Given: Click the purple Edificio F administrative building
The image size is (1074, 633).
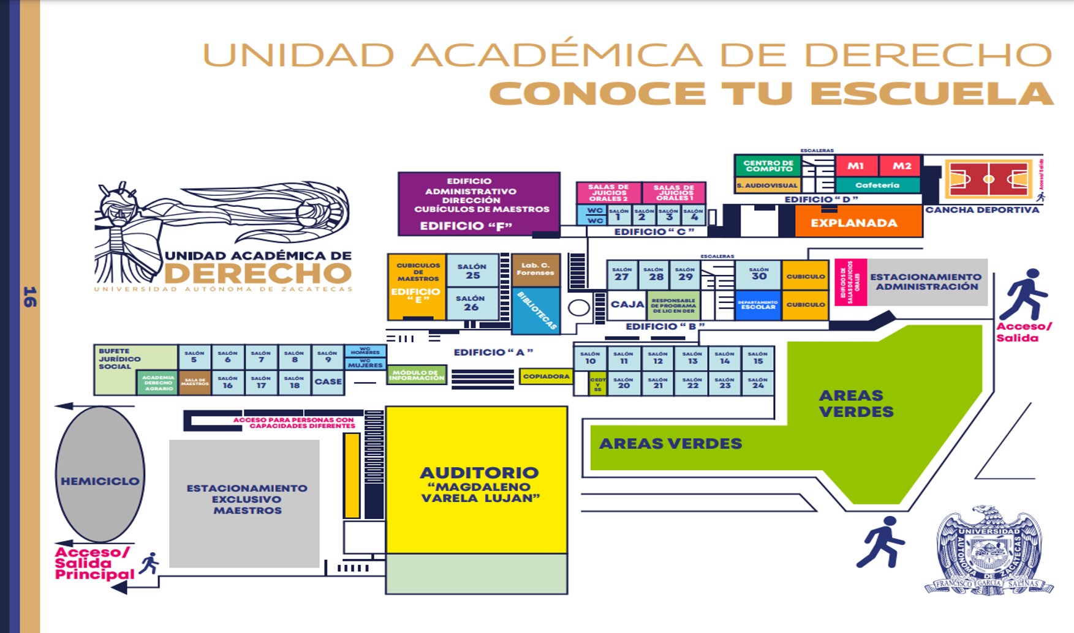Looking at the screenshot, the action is pyautogui.click(x=478, y=203).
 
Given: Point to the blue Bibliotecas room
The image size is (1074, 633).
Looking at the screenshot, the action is pyautogui.click(x=536, y=311).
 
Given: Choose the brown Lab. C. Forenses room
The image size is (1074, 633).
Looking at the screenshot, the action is pyautogui.click(x=536, y=270).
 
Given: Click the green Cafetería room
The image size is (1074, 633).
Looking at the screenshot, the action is pyautogui.click(x=877, y=185).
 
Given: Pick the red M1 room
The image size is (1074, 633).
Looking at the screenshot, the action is pyautogui.click(x=855, y=166).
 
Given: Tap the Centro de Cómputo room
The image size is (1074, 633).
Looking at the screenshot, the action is pyautogui.click(x=768, y=166).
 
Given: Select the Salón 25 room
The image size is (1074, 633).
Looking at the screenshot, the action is pyautogui.click(x=472, y=271).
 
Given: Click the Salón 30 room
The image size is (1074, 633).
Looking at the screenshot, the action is pyautogui.click(x=758, y=274).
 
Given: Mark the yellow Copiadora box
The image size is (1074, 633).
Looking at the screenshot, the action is pyautogui.click(x=546, y=376).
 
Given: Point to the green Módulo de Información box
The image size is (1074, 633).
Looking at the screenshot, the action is pyautogui.click(x=417, y=375).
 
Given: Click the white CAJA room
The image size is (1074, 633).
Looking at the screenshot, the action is pyautogui.click(x=627, y=304).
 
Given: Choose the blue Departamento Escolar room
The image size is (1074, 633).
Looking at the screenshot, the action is pyautogui.click(x=758, y=305).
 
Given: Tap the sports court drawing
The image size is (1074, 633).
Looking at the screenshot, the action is pyautogui.click(x=988, y=179).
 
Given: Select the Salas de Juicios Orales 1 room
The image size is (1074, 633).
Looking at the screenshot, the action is pyautogui.click(x=673, y=193).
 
